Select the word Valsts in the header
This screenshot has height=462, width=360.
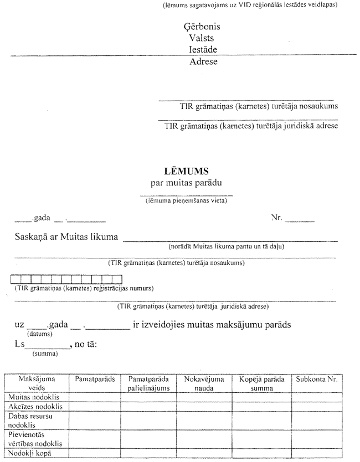tap(202, 38)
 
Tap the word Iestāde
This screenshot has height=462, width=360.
tap(202, 49)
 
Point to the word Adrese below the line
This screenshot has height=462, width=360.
tap(203, 61)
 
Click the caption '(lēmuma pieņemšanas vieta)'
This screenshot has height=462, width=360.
tap(186, 201)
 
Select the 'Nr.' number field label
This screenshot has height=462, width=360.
tap(276, 218)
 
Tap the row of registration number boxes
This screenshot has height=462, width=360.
tap(66, 279)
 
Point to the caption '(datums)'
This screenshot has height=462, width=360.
tap(39, 334)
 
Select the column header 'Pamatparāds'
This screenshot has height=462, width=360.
tap(95, 380)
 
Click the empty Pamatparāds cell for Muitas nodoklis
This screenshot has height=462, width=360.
tap(95, 397)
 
